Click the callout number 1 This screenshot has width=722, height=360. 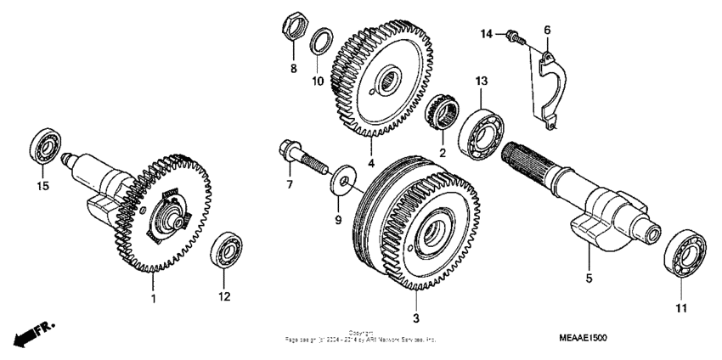click(154, 300)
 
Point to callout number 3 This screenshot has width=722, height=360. click(416, 318)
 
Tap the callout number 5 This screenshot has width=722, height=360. click(588, 277)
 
